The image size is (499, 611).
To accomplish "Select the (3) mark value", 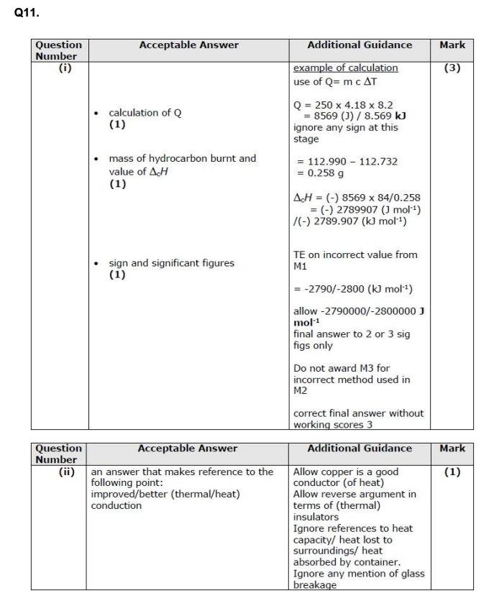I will tap(452, 68).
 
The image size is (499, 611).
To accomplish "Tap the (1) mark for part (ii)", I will tap(452, 472).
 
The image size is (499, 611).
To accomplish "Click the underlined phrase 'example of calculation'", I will tap(345, 68).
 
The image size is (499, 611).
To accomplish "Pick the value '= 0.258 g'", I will tap(320, 173).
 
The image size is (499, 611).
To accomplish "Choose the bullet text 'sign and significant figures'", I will tap(171, 263).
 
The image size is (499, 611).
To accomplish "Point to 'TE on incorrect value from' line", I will tap(355, 255).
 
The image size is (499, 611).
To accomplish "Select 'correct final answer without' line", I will tap(358, 413).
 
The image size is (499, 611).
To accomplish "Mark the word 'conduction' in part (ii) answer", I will tap(116, 505).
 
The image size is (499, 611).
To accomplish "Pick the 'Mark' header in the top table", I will tap(452, 45).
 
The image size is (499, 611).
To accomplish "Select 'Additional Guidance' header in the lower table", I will tap(360, 449).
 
